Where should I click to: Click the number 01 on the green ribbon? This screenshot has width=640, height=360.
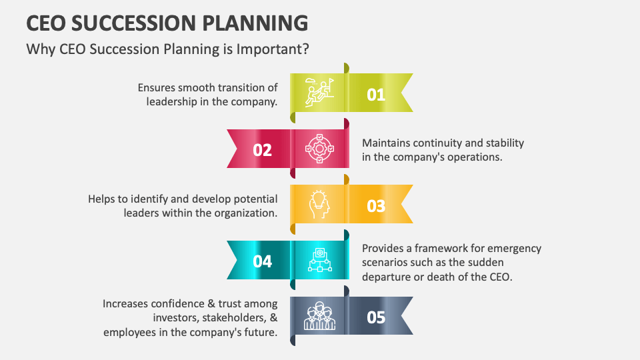[x=376, y=95]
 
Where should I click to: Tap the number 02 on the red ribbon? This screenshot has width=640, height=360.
[x=263, y=150]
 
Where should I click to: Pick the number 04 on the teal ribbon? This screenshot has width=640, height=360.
[x=263, y=261]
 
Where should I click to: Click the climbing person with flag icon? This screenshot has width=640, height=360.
[x=319, y=93]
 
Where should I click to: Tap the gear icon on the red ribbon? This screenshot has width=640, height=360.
[x=319, y=149]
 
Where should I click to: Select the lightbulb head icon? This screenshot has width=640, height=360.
[x=319, y=205]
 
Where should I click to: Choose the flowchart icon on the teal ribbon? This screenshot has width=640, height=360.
[x=319, y=260]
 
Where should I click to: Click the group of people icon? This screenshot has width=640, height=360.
[x=319, y=316]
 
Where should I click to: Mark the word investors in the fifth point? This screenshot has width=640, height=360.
[x=174, y=318]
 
